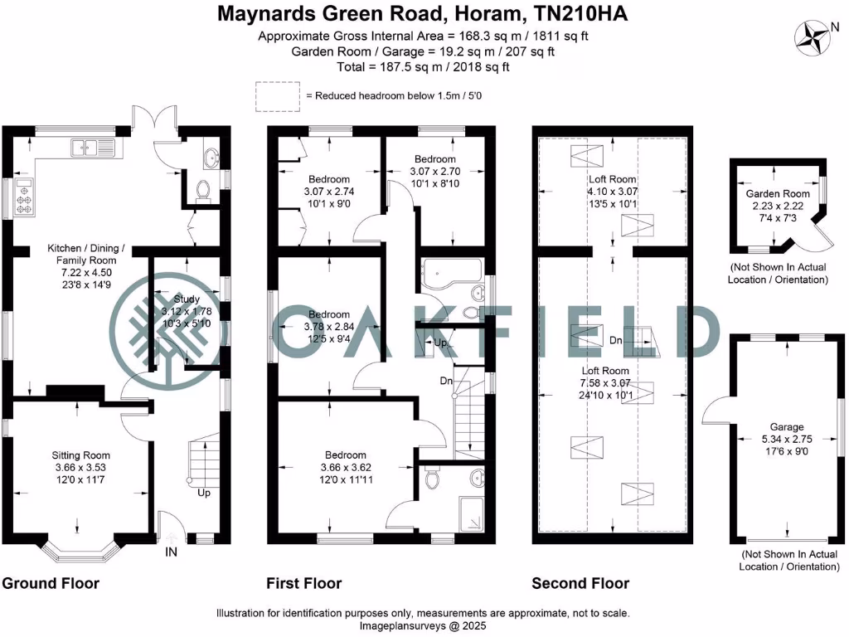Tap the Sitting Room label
pyautogui.click(x=80, y=455)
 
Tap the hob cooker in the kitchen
pyautogui.click(x=23, y=199)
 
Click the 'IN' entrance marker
pyautogui.click(x=172, y=552)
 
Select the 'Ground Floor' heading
pyautogui.click(x=51, y=583)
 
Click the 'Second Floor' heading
pyautogui.click(x=580, y=583)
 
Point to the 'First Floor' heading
pyautogui.click(x=304, y=583)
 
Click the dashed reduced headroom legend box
pyautogui.click(x=277, y=96)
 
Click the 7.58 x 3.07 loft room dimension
pyautogui.click(x=605, y=383)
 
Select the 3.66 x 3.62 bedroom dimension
pyautogui.click(x=346, y=467)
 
